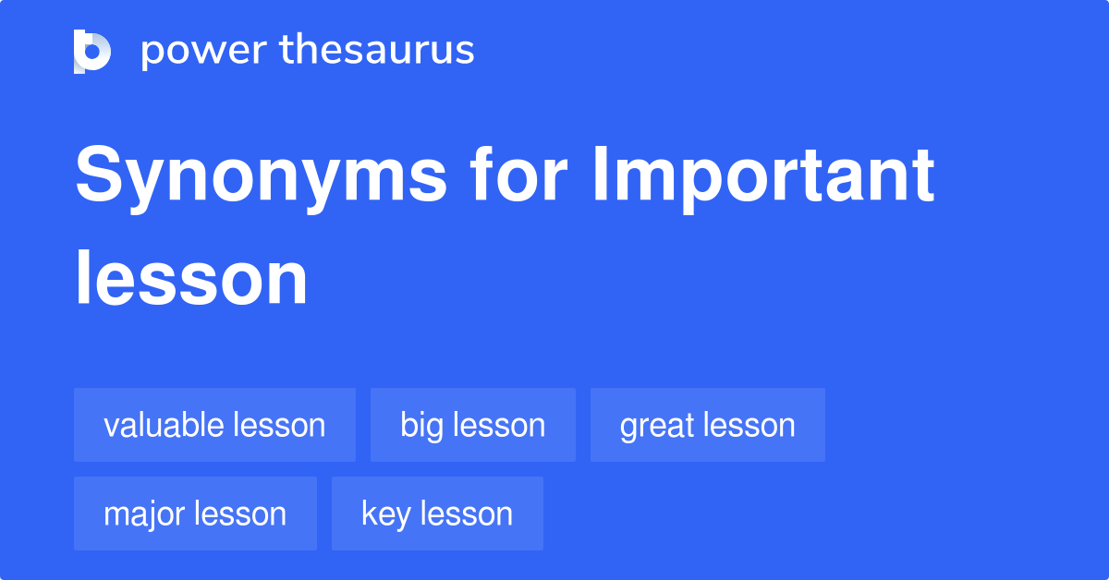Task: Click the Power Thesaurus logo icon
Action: [92, 51]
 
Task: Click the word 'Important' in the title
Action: [762, 177]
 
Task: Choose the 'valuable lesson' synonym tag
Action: [214, 425]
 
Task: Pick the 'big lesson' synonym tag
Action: [472, 425]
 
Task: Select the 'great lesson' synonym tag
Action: [707, 425]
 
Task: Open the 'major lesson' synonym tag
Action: [195, 514]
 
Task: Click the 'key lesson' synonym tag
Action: [437, 514]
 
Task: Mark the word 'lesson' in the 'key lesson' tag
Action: [465, 514]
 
